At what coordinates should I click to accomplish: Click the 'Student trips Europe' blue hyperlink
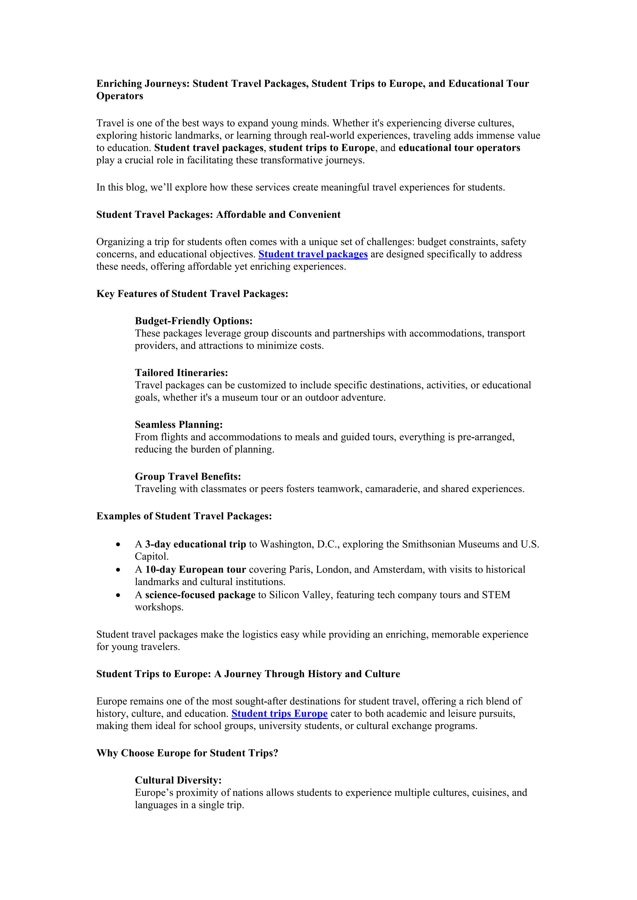(x=279, y=714)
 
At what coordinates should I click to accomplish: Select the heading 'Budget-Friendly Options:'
(x=193, y=321)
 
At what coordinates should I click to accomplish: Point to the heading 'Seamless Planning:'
(x=179, y=425)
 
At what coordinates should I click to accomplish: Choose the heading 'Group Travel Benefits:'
(x=188, y=476)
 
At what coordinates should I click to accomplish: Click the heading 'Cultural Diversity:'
(x=178, y=780)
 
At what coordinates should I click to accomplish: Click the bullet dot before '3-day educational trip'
(x=119, y=544)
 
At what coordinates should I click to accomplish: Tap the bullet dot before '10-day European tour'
(x=119, y=570)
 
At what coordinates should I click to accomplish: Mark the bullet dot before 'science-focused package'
(x=119, y=595)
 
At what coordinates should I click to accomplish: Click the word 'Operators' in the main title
(x=120, y=96)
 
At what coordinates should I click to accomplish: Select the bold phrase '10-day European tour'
(x=195, y=570)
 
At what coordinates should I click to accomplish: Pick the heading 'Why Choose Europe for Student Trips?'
(x=187, y=753)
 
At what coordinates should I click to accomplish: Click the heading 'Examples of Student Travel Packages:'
(x=184, y=516)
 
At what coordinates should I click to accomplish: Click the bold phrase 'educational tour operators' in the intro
(x=459, y=148)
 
